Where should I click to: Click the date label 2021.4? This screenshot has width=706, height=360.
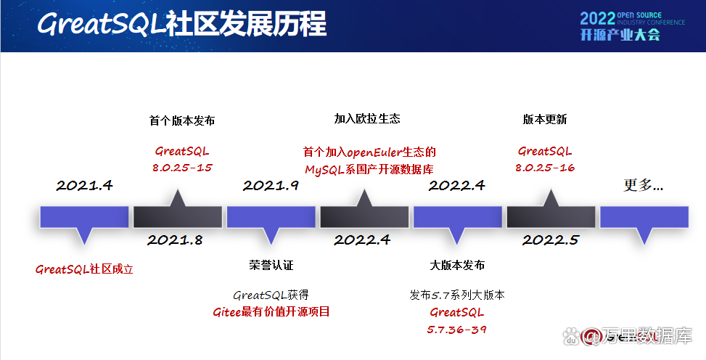85,185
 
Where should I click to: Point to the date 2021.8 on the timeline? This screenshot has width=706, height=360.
175,240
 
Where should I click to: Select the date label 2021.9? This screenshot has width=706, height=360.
271,185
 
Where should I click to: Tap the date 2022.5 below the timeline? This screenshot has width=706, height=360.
550,240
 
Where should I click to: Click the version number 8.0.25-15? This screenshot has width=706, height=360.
181,168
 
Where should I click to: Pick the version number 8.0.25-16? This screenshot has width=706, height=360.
545,168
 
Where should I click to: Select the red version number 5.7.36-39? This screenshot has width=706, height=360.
456,330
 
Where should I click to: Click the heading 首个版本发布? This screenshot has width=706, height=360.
181,120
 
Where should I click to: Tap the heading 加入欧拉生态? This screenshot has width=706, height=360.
367,118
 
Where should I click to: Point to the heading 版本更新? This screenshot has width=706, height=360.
545,119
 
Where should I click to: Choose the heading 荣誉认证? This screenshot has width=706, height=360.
271,265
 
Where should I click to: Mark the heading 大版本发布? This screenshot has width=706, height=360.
456,265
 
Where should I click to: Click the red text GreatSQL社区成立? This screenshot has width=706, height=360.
85,269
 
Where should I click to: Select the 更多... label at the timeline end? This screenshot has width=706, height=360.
644,185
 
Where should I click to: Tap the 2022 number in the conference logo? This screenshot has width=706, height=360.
596,17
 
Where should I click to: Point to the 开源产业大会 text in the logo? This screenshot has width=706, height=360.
620,35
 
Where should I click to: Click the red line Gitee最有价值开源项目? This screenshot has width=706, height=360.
271,312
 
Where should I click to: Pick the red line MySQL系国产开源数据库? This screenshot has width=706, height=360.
369,169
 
